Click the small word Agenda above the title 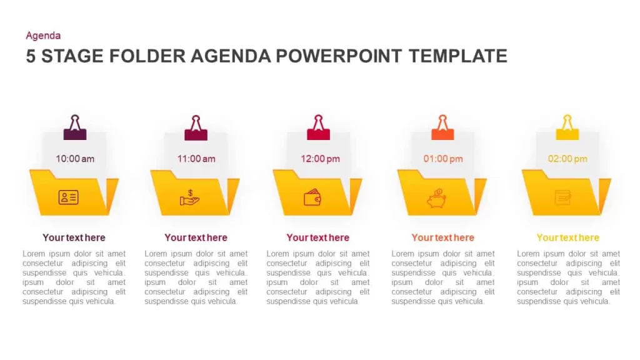pyautogui.click(x=43, y=36)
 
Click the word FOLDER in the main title pyautogui.click(x=147, y=56)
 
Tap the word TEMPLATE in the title pyautogui.click(x=458, y=56)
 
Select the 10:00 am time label pyautogui.click(x=75, y=159)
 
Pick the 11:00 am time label pyautogui.click(x=196, y=159)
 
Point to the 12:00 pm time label pyautogui.click(x=321, y=159)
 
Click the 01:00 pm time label pyautogui.click(x=443, y=159)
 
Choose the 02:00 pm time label pyautogui.click(x=567, y=159)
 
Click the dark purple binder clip pyautogui.click(x=75, y=127)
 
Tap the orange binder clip pyautogui.click(x=443, y=127)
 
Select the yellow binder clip pyautogui.click(x=567, y=127)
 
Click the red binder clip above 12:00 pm pyautogui.click(x=318, y=127)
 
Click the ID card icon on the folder pyautogui.click(x=69, y=197)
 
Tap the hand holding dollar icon pyautogui.click(x=189, y=198)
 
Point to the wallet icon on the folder pyautogui.click(x=312, y=197)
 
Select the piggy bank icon pyautogui.click(x=436, y=198)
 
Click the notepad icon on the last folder pyautogui.click(x=563, y=197)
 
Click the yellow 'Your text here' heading pyautogui.click(x=567, y=237)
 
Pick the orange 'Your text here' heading pyautogui.click(x=443, y=237)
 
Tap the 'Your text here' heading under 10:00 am pyautogui.click(x=74, y=237)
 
